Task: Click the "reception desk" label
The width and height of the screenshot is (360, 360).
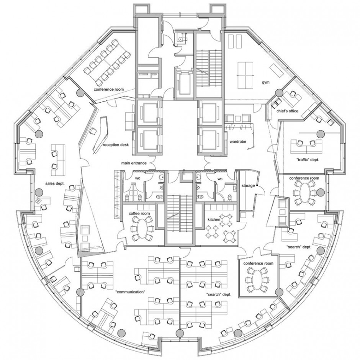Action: click(116, 145)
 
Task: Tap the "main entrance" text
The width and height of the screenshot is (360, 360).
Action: click(134, 163)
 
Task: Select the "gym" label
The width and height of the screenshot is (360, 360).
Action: click(266, 82)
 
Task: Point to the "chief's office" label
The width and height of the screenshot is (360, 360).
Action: click(287, 111)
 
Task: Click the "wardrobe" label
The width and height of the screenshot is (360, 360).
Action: click(238, 142)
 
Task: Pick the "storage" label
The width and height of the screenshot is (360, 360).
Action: click(248, 185)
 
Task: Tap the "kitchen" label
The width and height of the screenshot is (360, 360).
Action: click(214, 219)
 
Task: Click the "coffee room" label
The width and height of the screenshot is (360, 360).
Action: click(139, 214)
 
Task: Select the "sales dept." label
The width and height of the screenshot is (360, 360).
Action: click(55, 183)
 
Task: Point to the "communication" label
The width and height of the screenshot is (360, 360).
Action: click(131, 292)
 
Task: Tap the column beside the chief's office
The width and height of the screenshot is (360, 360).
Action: click(279, 93)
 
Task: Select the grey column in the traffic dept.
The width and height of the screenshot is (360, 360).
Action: click(321, 133)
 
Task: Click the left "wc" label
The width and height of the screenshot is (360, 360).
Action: click(137, 178)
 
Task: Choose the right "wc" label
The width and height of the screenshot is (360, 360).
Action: click(220, 178)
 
